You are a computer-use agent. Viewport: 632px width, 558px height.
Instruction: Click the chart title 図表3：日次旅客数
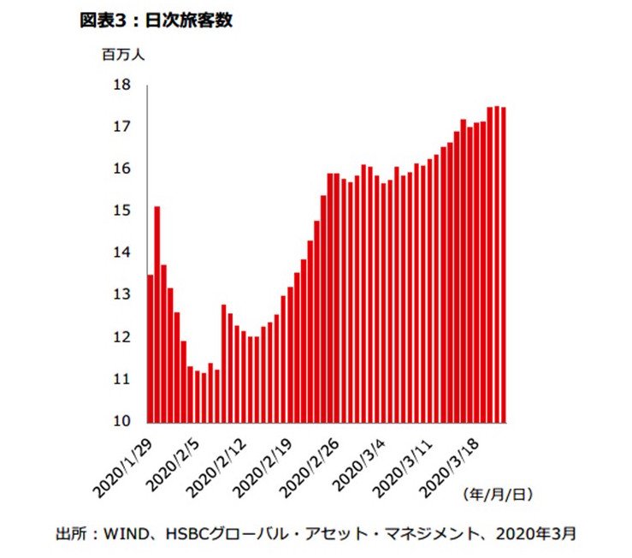[156, 21]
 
